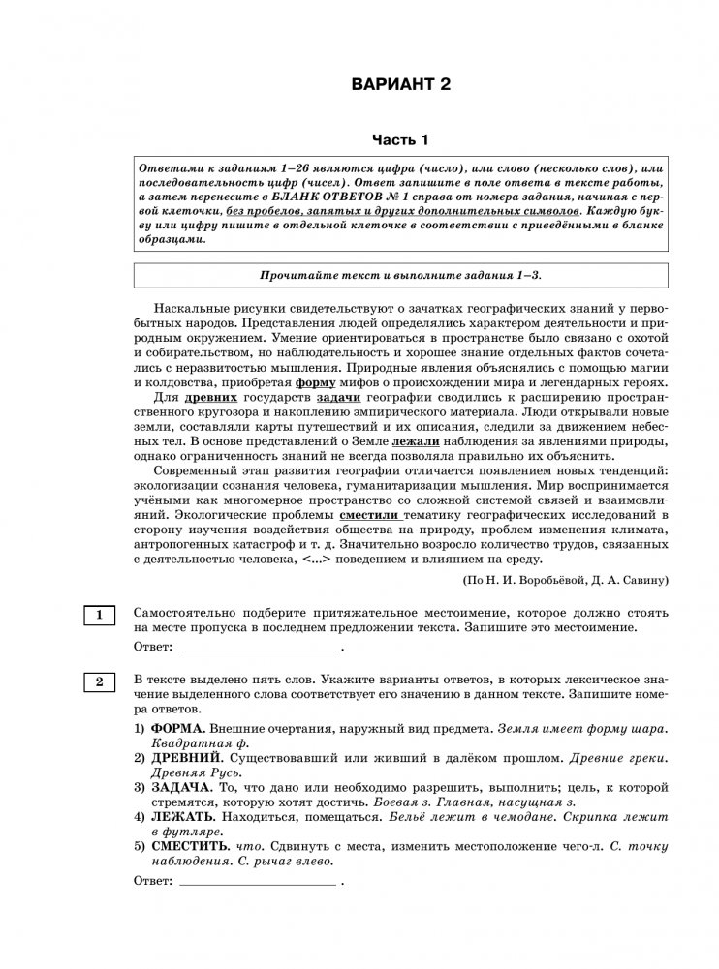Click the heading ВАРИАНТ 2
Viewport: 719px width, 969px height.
tap(401, 85)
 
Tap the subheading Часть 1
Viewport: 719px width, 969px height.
tap(400, 140)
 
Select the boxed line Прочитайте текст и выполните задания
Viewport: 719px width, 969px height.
tap(400, 275)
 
